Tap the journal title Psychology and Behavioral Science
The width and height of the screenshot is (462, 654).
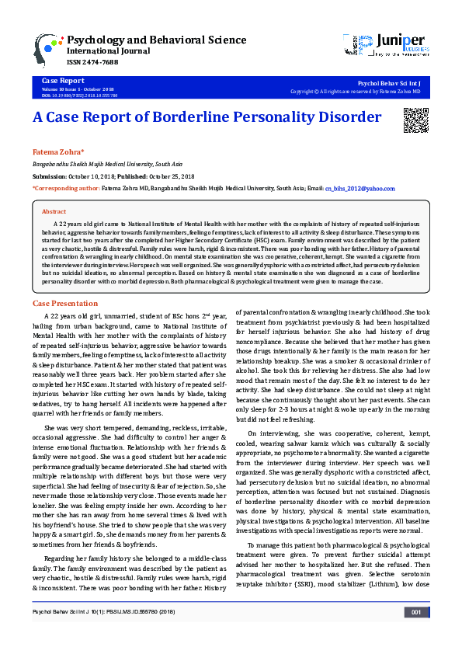(x=157, y=39)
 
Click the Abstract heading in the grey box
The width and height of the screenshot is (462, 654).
(x=54, y=211)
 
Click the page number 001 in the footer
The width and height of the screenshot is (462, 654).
(x=416, y=635)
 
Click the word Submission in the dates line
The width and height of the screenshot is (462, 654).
(x=50, y=176)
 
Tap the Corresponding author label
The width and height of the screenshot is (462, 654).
(x=64, y=189)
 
